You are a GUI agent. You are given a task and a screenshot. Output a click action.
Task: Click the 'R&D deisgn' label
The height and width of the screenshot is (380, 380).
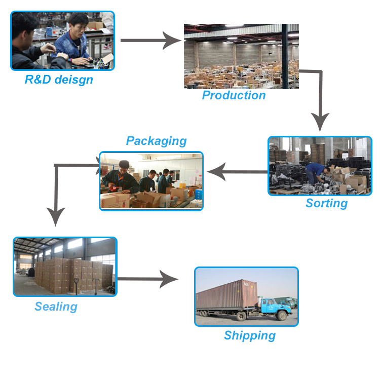(59, 80)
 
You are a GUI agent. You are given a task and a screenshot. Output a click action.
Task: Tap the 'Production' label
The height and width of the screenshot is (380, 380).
(234, 95)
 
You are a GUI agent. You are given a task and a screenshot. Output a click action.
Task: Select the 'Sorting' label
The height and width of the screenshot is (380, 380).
(326, 203)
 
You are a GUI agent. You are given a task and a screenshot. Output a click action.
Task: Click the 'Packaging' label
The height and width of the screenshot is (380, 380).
(156, 141)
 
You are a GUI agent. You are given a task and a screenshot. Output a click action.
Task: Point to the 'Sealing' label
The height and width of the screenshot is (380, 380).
(56, 307)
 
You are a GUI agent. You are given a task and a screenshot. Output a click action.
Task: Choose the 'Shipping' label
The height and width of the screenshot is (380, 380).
(250, 335)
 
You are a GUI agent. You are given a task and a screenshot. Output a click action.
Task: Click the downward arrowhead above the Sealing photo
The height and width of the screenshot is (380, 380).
(55, 216)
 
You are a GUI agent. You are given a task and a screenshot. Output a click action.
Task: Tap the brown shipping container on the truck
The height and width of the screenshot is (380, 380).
(226, 295)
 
